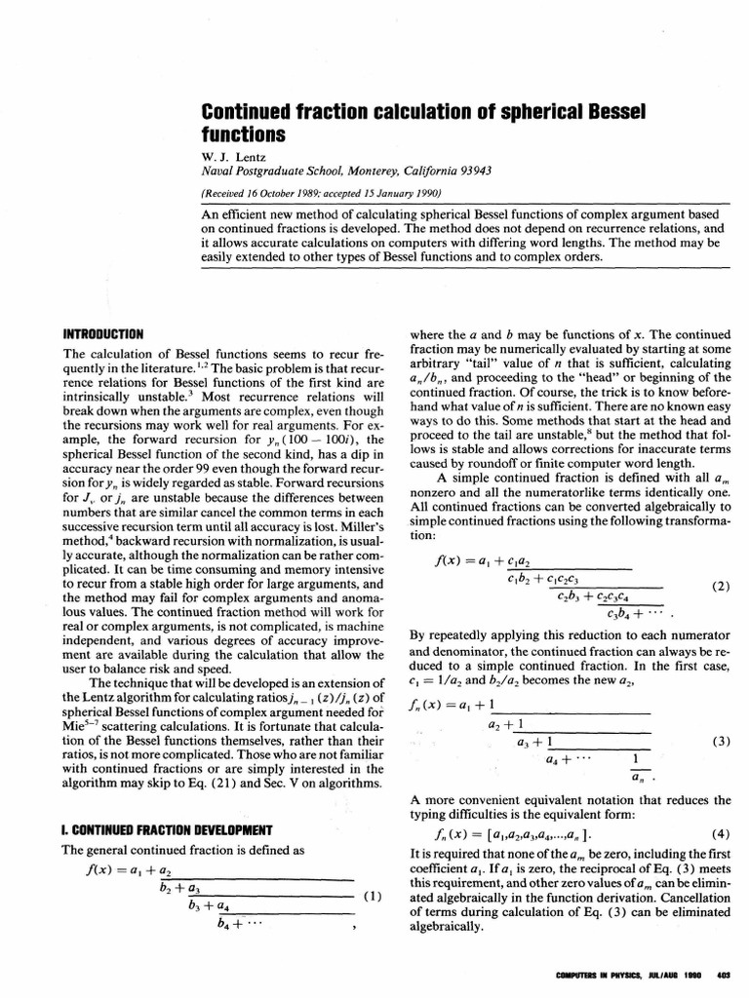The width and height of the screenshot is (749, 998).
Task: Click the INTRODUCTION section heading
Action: tap(103, 333)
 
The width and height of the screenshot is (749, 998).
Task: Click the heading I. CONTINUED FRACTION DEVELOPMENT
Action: tap(167, 829)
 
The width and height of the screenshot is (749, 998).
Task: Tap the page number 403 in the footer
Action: tap(724, 976)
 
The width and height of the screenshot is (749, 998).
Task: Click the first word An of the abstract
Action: tap(210, 214)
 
